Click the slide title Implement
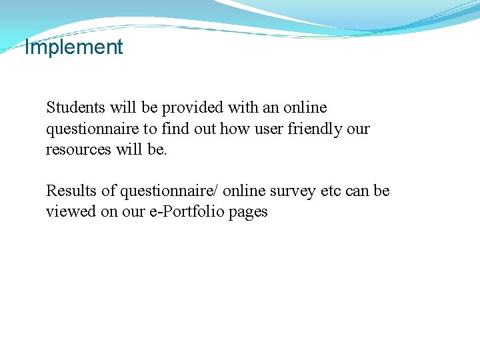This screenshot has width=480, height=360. coord(73,47)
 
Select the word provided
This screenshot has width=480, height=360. coord(193,107)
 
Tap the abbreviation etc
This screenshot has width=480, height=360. coord(332,191)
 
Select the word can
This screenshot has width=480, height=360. coord(359,191)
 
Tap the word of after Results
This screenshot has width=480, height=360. coord(109,191)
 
